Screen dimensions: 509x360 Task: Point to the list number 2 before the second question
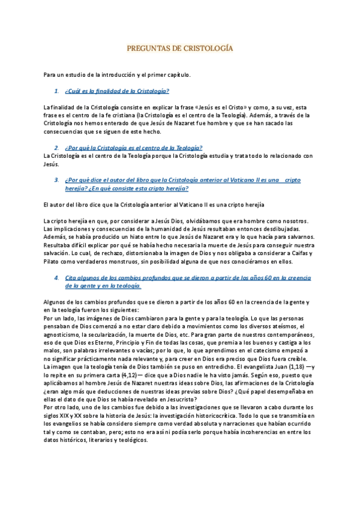[56, 147]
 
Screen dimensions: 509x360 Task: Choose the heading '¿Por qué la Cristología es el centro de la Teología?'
[134, 147]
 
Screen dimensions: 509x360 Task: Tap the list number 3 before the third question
[56, 179]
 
